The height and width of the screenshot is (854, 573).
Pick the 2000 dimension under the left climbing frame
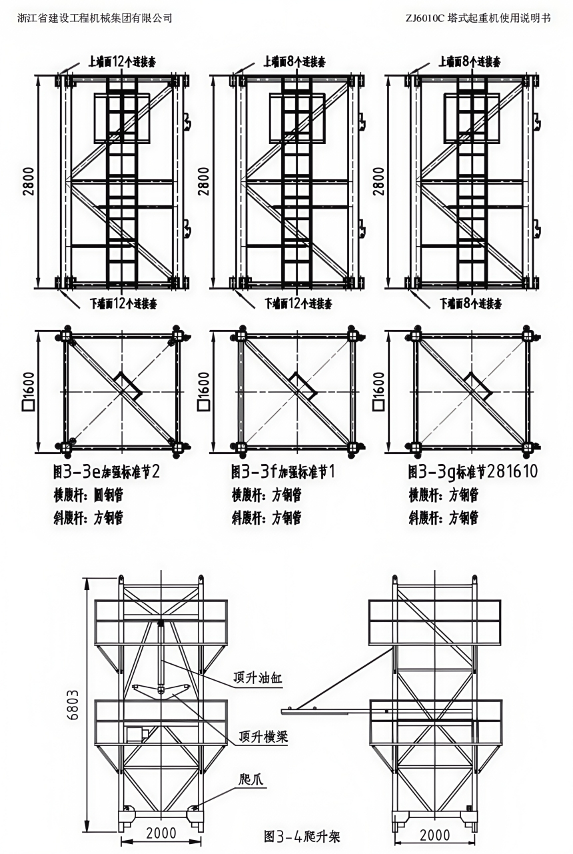[x=161, y=833]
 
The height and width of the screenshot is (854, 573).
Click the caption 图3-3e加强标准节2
[x=107, y=473]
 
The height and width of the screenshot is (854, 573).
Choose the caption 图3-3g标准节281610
[x=473, y=473]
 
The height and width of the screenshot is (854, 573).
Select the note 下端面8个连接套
[x=470, y=304]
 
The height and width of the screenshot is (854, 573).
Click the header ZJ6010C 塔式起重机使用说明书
[x=478, y=18]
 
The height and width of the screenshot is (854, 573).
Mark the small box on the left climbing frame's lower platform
[x=137, y=735]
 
